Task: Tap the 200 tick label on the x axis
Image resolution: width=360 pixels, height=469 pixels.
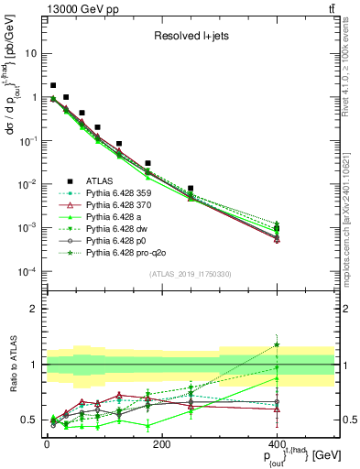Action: pyautogui.click(x=161, y=444)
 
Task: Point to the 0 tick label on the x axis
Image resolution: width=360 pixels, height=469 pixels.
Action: pyautogui.click(x=47, y=444)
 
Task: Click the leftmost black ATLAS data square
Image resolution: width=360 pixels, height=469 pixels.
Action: pyautogui.click(x=53, y=85)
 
